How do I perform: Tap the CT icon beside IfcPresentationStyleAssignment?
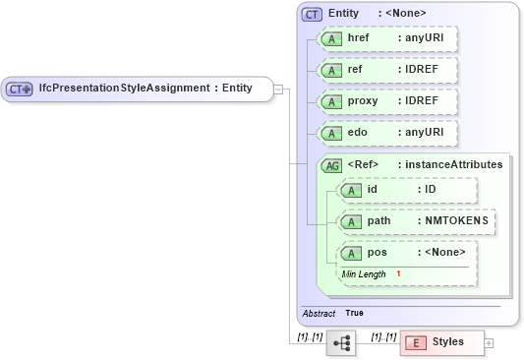pos(20,89)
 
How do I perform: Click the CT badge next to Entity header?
pos(312,14)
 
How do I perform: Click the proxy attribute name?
pos(365,101)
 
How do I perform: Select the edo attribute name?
pos(359,132)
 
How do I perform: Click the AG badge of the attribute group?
pos(331,165)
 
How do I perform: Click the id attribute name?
pos(373,189)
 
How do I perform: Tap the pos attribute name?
pos(377,253)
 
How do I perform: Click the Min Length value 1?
pos(398,272)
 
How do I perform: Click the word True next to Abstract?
pos(354,313)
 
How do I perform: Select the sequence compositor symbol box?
pos(341,342)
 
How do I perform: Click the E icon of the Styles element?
pos(416,342)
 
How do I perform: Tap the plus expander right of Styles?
pos(489,342)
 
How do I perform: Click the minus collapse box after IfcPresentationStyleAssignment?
pos(278,89)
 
